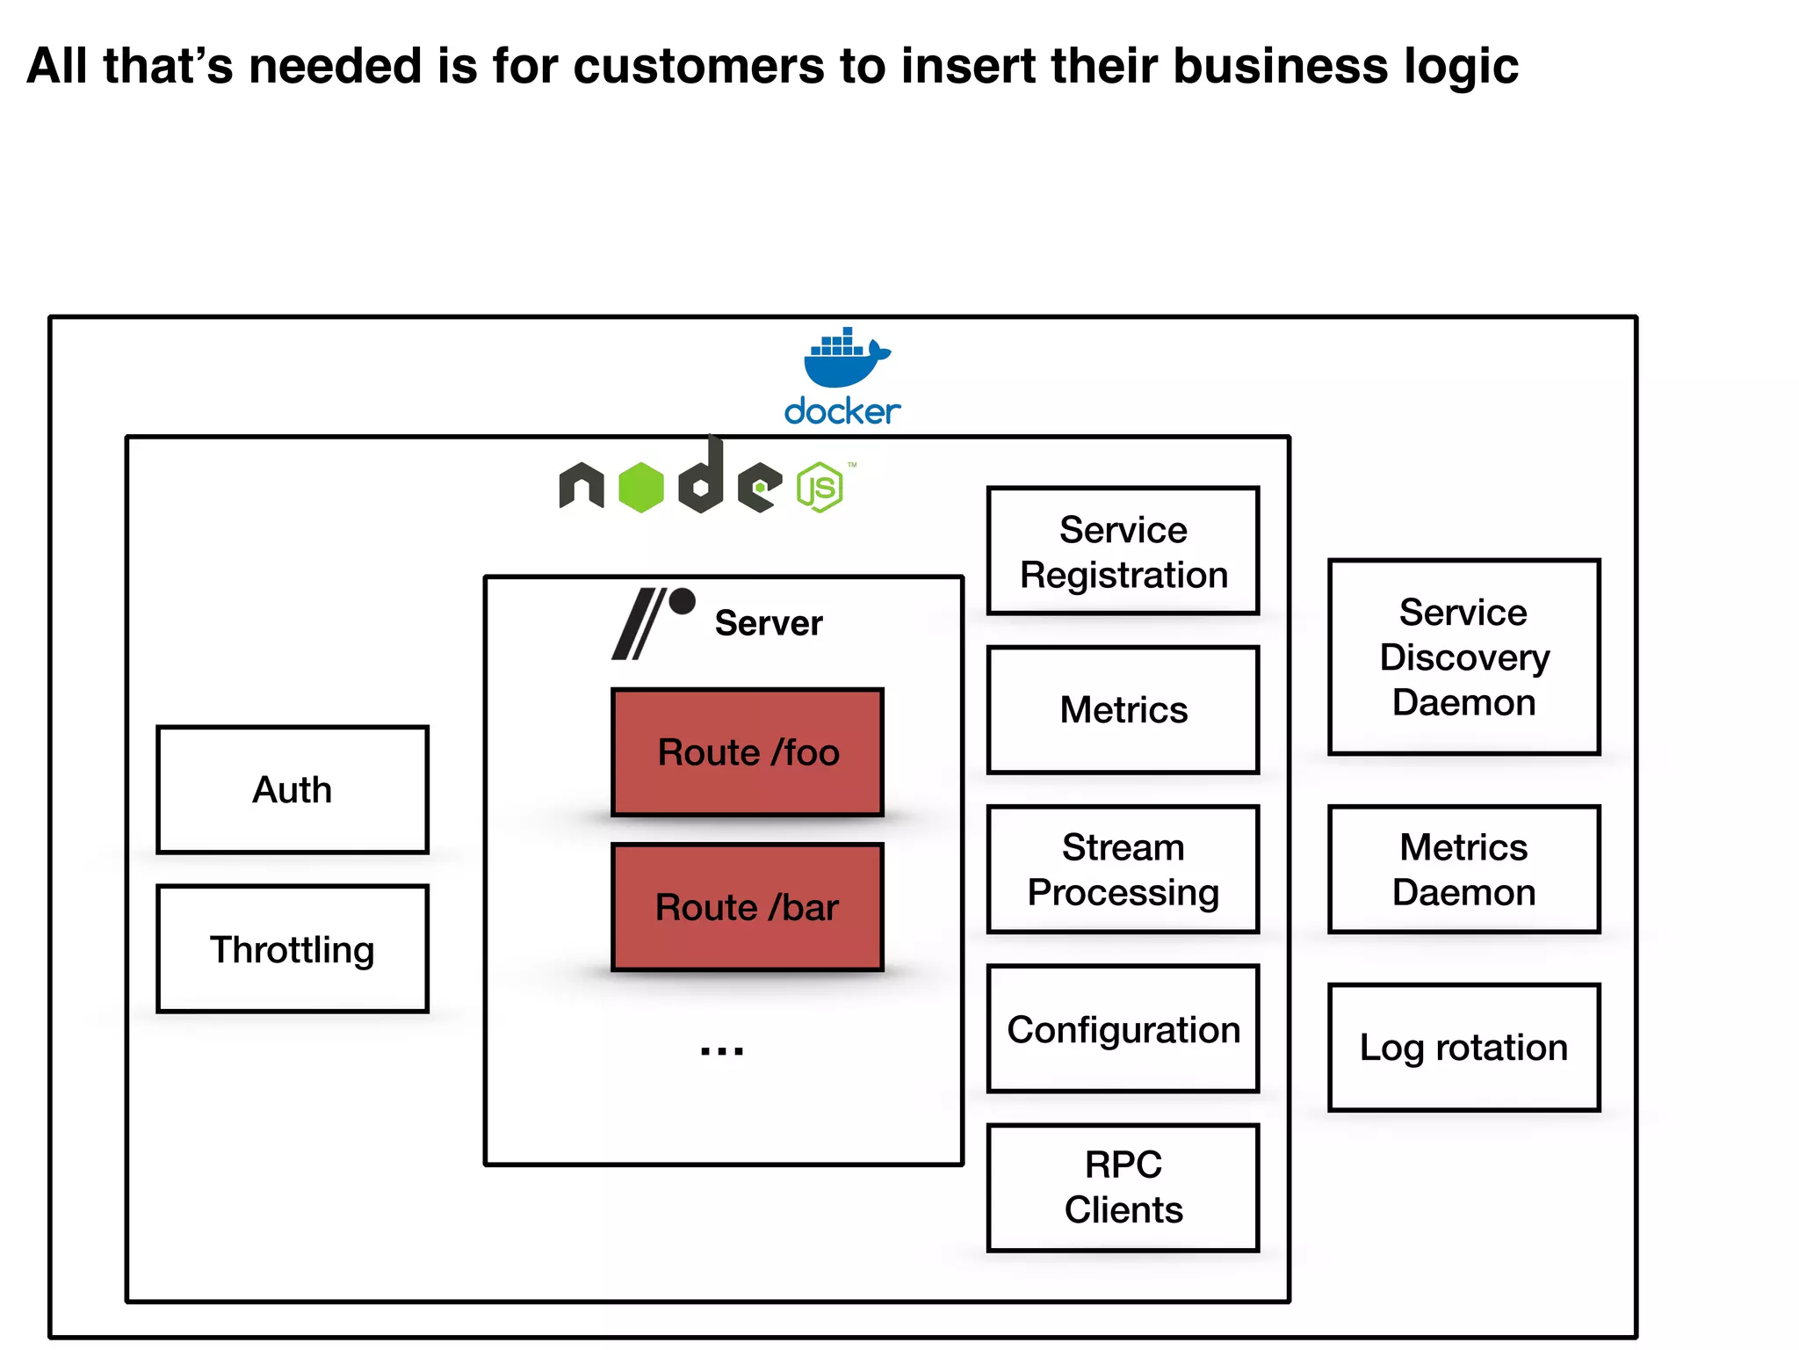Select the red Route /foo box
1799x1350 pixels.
pos(748,752)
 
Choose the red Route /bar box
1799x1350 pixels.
pos(748,907)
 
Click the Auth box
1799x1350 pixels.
pos(293,789)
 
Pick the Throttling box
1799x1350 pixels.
pos(293,949)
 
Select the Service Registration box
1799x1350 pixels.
pos(1123,551)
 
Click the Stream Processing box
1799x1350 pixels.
pos(1123,869)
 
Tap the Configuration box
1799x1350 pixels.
pos(1123,1029)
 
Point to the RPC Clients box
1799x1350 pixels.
pos(1123,1187)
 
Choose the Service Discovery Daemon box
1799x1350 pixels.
pos(1463,657)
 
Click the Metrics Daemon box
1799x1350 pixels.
pos(1463,869)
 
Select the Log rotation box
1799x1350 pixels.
pos(1463,1048)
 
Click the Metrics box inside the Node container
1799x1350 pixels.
pos(1123,710)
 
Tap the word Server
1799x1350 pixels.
pos(769,623)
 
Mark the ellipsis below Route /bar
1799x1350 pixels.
pos(722,1050)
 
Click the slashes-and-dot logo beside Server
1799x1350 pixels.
pos(652,622)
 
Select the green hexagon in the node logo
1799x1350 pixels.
pos(641,488)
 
